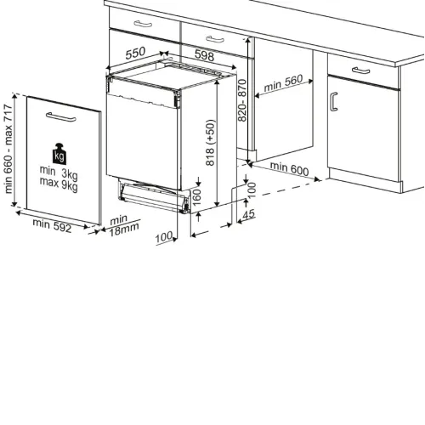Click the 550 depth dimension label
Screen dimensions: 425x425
(135, 53)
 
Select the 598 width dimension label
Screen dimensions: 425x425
(204, 55)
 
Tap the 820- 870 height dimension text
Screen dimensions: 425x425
(242, 100)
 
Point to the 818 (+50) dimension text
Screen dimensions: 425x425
(210, 143)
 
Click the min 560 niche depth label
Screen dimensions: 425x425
(283, 83)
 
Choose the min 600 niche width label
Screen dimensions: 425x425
(289, 168)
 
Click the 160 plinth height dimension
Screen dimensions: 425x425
(196, 197)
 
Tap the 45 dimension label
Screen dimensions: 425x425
(249, 214)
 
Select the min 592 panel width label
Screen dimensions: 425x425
(52, 225)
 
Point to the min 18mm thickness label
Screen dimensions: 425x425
(124, 225)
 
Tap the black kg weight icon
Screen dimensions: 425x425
(59, 154)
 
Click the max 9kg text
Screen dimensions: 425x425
(59, 184)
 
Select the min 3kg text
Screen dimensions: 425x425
(59, 173)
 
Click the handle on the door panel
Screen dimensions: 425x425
(61, 116)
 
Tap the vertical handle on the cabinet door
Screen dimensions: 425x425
(334, 102)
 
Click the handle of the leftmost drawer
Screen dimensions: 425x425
(143, 24)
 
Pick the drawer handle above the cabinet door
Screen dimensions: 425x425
(360, 71)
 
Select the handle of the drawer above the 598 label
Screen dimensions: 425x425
(215, 39)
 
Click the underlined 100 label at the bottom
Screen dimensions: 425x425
(164, 237)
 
